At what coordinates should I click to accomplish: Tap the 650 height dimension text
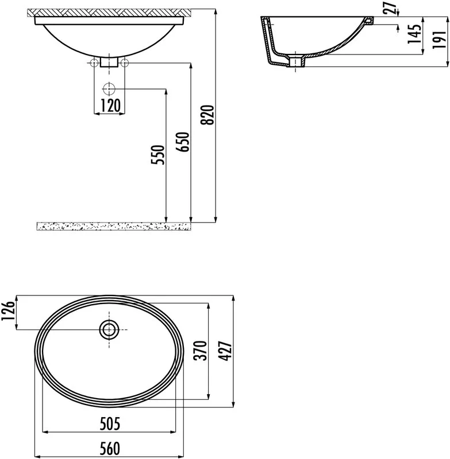point(183,142)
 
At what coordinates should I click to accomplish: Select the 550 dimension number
point(158,154)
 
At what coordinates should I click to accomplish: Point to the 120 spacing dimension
point(110,106)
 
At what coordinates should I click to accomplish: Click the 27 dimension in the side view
point(390,8)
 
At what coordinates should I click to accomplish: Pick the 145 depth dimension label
point(414,34)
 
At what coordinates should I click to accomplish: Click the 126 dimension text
point(8,310)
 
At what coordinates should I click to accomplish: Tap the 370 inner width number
point(201,351)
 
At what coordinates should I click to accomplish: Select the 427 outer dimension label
point(225,351)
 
